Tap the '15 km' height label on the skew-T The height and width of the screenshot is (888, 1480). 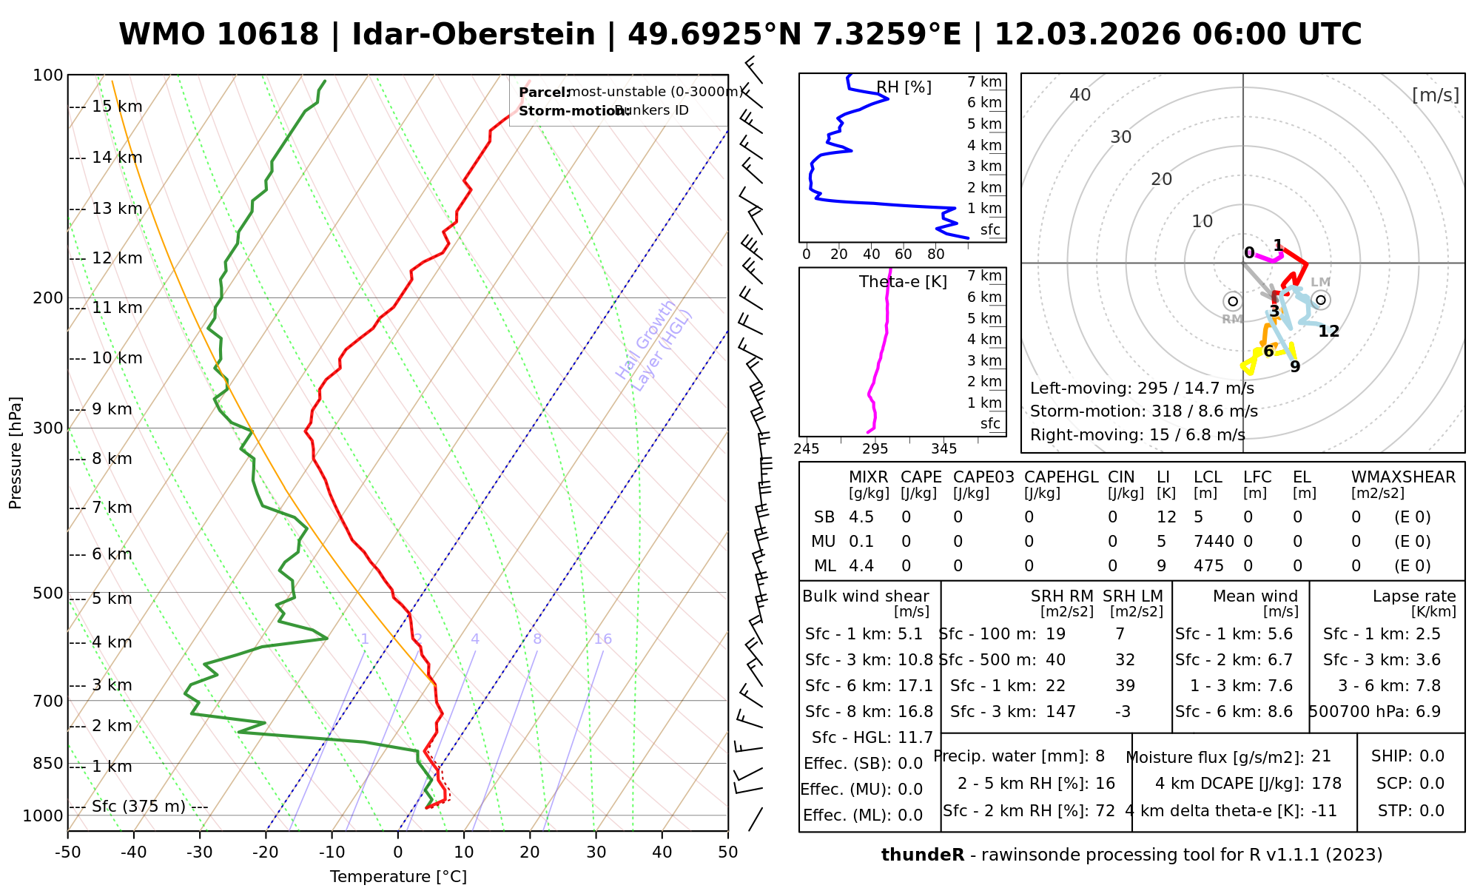(117, 107)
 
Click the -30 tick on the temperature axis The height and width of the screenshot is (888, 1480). (200, 852)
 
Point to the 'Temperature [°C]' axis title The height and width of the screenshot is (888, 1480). (398, 877)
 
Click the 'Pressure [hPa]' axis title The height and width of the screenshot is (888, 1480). (16, 453)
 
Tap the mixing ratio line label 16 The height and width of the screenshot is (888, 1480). (602, 639)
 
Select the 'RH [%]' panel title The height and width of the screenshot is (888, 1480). (904, 87)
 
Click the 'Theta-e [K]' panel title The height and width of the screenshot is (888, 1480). (903, 282)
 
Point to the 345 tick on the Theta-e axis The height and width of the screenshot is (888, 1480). (943, 449)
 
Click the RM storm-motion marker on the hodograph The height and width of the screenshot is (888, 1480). (1232, 301)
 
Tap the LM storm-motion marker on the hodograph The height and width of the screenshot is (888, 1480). (1321, 300)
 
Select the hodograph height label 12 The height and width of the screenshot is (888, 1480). (1329, 332)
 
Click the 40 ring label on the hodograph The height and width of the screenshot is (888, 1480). (1080, 95)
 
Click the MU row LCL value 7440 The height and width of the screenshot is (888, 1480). (1214, 542)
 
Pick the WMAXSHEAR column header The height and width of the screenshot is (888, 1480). (1403, 477)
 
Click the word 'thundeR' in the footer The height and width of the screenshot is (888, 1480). (923, 855)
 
